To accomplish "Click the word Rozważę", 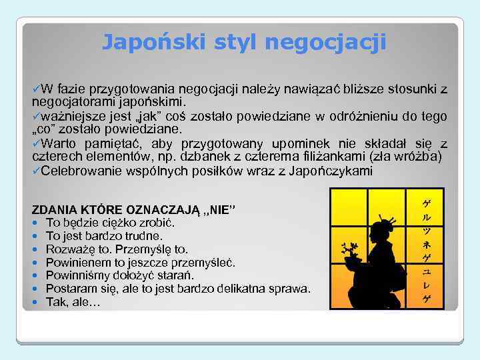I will click(x=69, y=249).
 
